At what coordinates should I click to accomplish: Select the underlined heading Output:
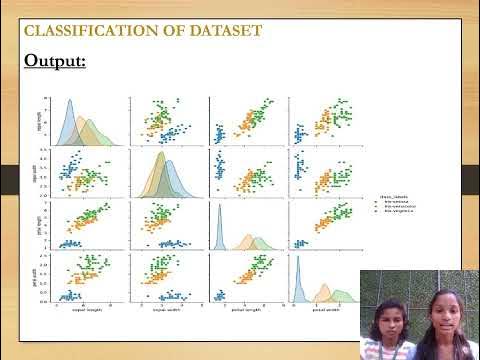coord(56,61)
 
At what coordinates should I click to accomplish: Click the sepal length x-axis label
coord(84,310)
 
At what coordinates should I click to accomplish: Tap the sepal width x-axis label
coord(165,310)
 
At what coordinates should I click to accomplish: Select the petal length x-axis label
coord(245,310)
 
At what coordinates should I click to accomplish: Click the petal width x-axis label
coord(326,310)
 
